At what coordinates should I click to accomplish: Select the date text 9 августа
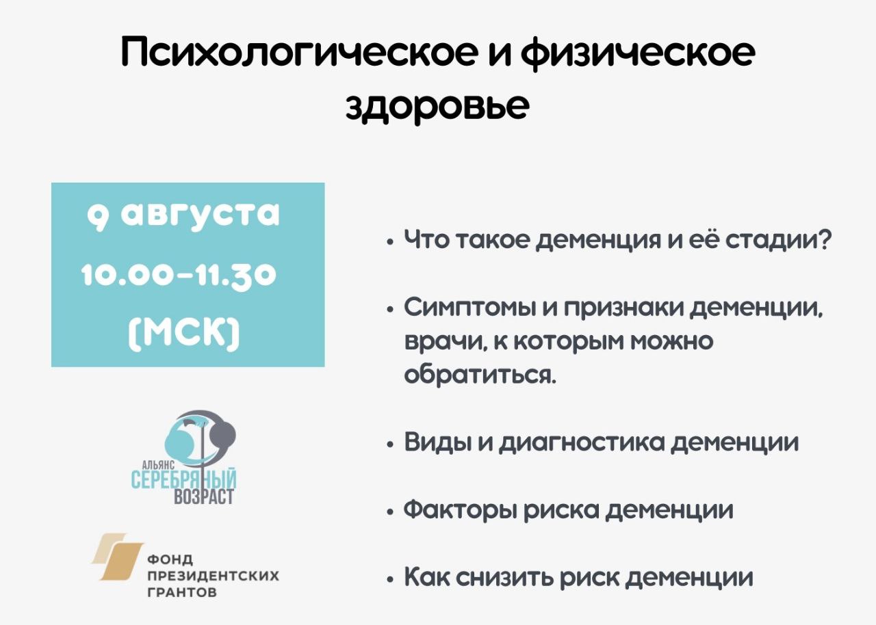coord(183,214)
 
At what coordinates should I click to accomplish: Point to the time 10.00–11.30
coord(179,275)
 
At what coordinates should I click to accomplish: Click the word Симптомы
coord(473,308)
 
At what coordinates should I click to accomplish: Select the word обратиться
coord(480,374)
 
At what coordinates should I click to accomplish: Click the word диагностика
coord(581,442)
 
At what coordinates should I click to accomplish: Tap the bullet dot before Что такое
coord(389,242)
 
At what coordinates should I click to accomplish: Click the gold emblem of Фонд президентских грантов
coord(118,557)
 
